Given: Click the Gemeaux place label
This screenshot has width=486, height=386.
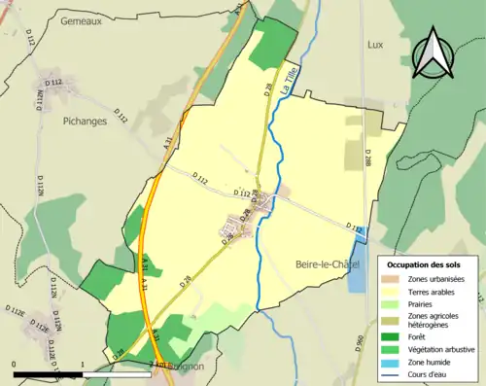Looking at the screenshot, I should (81, 20).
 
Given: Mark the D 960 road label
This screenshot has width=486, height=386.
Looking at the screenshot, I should (359, 342).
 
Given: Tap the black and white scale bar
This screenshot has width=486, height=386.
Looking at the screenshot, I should (49, 373).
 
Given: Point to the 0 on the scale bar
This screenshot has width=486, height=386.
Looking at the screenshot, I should (15, 365).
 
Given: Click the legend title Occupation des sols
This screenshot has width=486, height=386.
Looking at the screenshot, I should (430, 264).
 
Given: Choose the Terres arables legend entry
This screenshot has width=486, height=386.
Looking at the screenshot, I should (432, 292).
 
